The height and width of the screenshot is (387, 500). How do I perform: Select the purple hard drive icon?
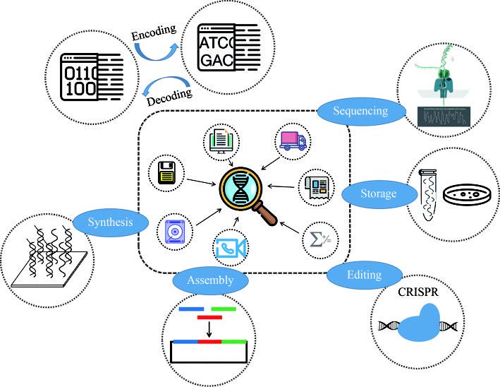(x=173, y=230)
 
